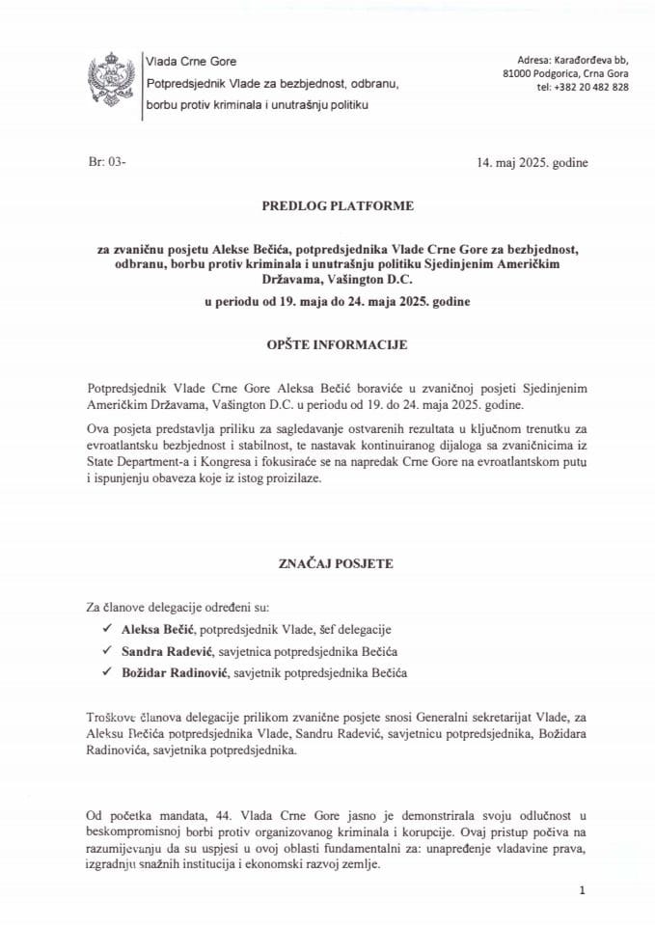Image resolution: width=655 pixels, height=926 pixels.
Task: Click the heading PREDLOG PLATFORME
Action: (x=327, y=205)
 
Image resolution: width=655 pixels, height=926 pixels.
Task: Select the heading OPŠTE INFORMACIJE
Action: (x=327, y=342)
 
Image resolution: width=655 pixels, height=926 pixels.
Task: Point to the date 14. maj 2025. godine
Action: (x=532, y=162)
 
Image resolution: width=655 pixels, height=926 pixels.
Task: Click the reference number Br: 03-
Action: (x=93, y=162)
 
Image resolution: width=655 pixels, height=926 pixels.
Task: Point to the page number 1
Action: (x=583, y=893)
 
